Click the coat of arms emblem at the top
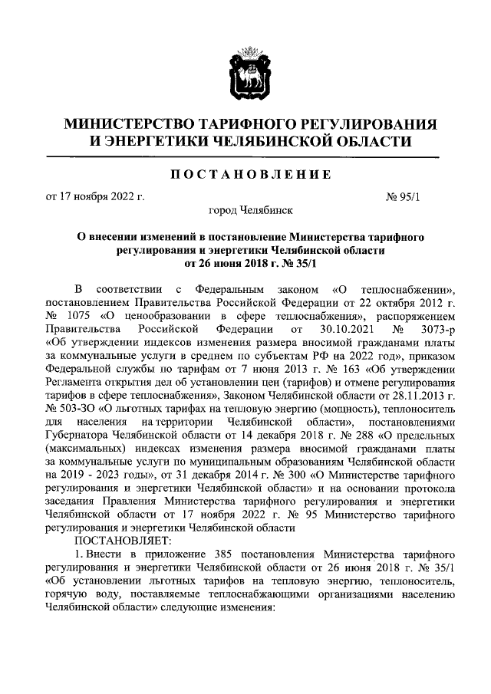coord(245,74)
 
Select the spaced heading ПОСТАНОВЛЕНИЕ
coord(245,175)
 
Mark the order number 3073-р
coord(423,329)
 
